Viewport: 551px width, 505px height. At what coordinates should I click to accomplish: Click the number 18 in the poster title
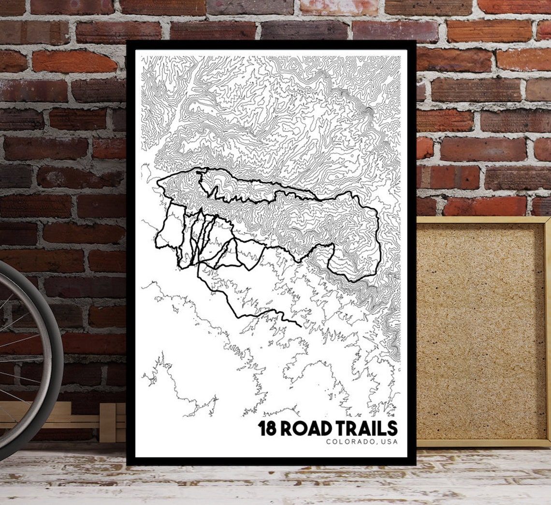click(267, 428)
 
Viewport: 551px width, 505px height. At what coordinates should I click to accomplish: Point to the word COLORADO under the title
click(349, 441)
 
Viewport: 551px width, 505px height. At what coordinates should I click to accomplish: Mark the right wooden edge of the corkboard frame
click(547, 329)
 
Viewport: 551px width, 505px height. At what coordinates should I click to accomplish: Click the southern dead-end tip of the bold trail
click(301, 326)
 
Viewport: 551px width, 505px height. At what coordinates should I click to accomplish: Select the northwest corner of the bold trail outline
click(159, 182)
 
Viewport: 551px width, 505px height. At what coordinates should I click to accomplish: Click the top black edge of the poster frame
click(271, 44)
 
